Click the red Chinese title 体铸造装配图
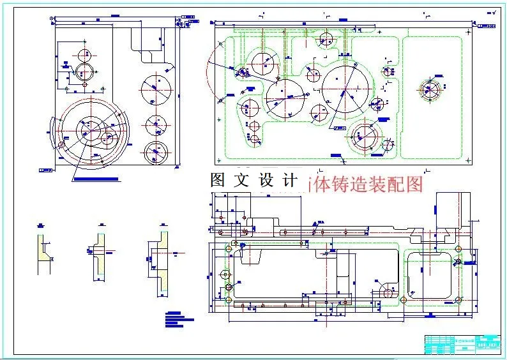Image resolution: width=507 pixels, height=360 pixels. [x=368, y=184]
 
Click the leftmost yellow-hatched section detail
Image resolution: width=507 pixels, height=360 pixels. [x=44, y=252]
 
